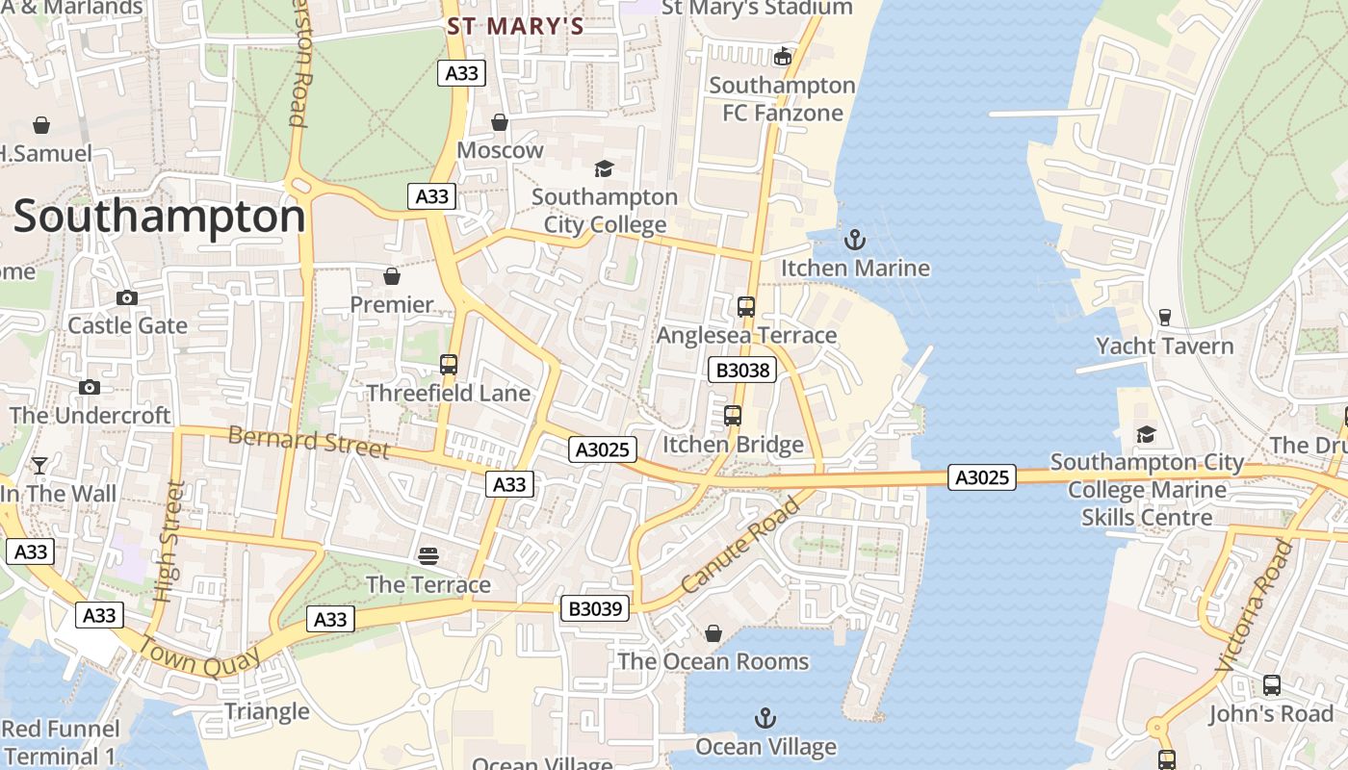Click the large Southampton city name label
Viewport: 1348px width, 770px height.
pos(159,218)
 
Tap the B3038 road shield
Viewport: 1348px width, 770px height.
pos(741,370)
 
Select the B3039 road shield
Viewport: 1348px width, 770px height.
pos(595,608)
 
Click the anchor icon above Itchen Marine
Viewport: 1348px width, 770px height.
pos(854,239)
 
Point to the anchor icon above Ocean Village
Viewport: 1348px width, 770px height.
pos(765,718)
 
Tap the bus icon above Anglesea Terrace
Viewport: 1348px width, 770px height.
pos(746,307)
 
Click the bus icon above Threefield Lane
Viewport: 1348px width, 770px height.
pos(449,365)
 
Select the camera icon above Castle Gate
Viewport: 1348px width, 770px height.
pos(127,297)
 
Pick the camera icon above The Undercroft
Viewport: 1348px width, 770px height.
pos(90,387)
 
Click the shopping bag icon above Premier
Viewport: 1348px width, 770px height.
pos(392,276)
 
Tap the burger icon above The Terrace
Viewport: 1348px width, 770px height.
pos(428,555)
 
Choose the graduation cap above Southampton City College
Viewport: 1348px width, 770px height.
pos(604,168)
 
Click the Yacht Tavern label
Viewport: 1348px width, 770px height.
pos(1164,346)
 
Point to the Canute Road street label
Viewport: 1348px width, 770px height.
pos(739,545)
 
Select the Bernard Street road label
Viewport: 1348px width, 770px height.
pos(308,443)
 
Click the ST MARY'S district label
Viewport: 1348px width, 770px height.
pos(515,26)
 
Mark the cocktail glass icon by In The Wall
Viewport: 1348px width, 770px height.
pos(39,466)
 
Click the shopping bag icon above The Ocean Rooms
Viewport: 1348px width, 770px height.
pos(713,633)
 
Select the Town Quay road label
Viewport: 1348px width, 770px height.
pos(200,656)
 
